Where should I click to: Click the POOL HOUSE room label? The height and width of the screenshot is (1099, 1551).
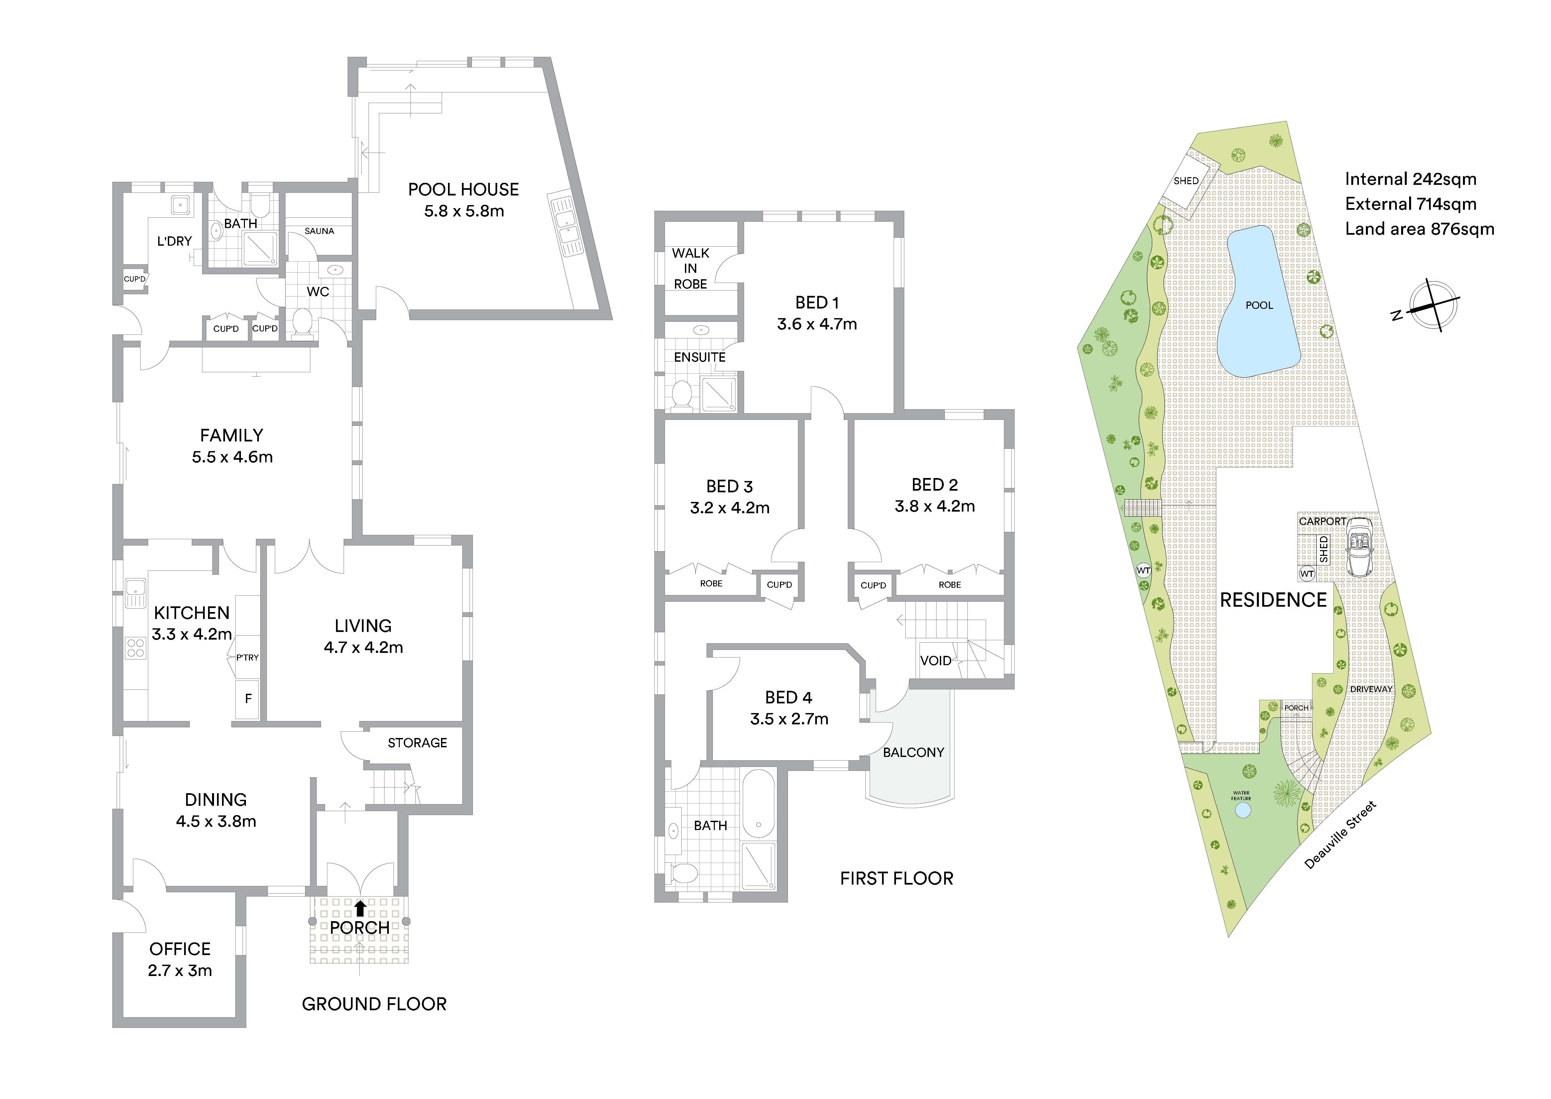tap(463, 189)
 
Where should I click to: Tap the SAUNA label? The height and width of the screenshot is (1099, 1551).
tap(319, 231)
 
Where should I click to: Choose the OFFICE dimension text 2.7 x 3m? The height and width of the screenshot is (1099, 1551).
tap(180, 970)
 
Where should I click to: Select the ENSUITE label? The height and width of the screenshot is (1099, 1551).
tap(700, 357)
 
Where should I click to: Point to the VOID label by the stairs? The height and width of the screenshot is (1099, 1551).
tap(936, 661)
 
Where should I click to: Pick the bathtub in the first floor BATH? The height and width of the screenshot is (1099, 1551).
tap(759, 804)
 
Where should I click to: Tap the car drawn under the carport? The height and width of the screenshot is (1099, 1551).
tap(1357, 548)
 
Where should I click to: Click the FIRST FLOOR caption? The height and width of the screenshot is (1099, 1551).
tap(896, 878)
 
